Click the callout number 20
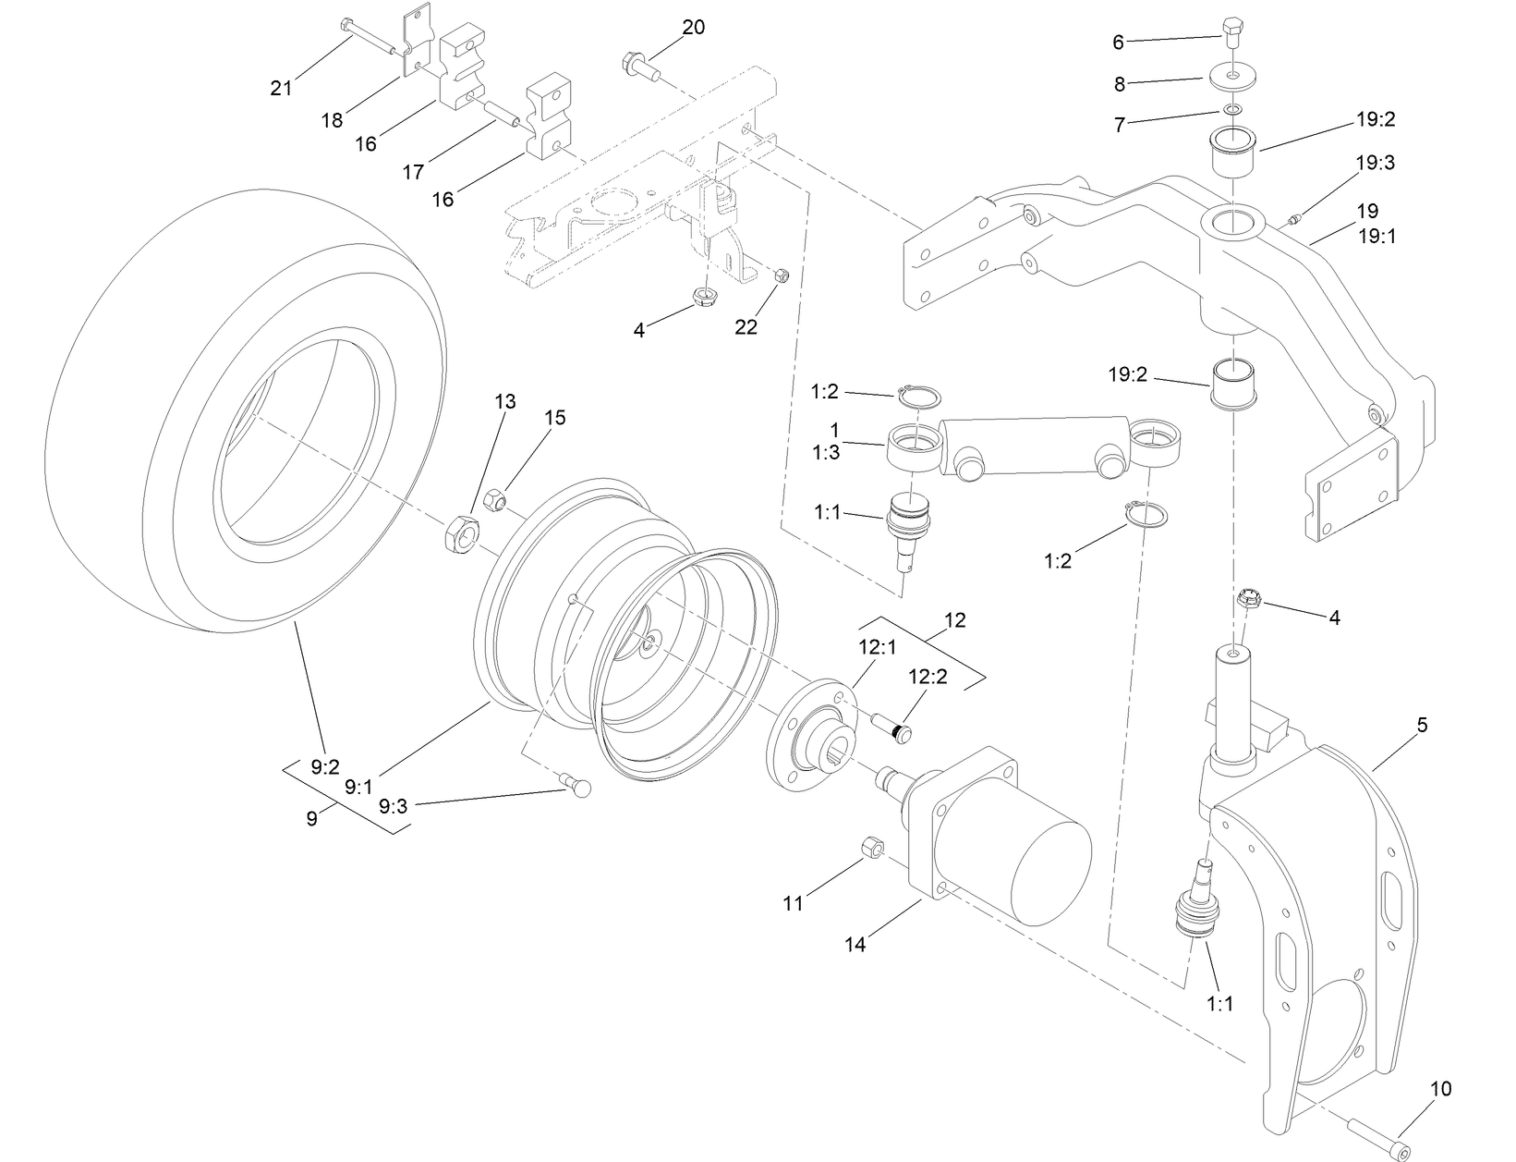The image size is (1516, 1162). [693, 28]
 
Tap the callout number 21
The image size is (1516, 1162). [281, 88]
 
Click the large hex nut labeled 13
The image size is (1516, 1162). [461, 534]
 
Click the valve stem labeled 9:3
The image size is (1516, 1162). [580, 787]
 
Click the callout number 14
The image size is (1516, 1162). [855, 945]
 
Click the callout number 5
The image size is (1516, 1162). [1422, 726]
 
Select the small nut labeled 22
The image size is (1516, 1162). [780, 274]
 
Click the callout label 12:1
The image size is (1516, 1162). [877, 648]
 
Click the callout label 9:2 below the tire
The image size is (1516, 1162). [325, 766]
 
